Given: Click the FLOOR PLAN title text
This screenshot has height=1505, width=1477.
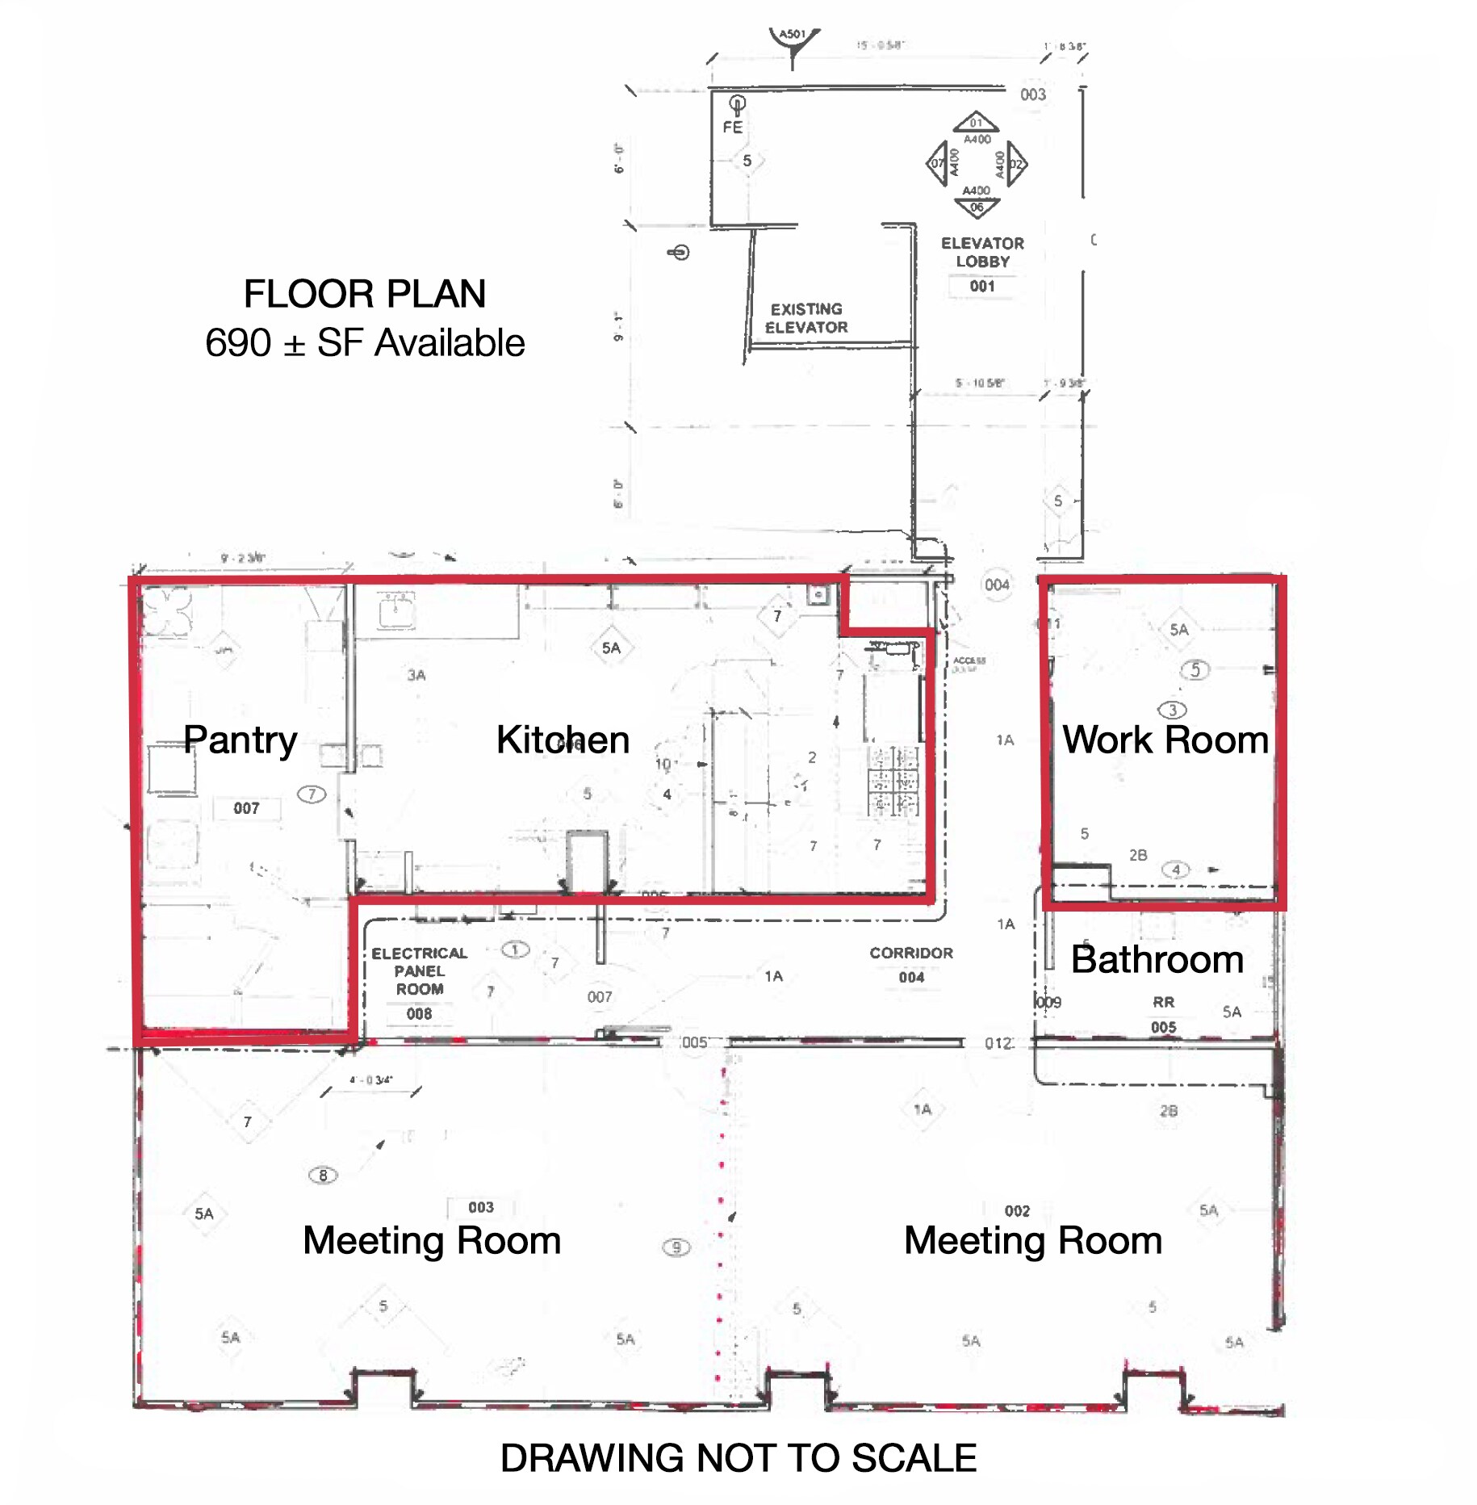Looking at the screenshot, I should click(364, 294).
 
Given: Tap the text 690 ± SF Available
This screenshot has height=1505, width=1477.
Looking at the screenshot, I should click(364, 343).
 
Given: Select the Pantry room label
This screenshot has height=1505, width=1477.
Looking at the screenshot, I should click(240, 740).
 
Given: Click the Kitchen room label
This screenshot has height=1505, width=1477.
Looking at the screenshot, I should click(563, 740).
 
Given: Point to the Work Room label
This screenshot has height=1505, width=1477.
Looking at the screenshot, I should click(1165, 740).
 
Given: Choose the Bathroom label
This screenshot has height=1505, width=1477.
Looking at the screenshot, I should click(1157, 959).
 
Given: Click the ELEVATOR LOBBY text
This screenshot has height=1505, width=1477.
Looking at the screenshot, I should click(981, 252).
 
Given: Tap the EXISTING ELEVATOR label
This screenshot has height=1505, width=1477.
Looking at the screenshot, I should click(805, 318).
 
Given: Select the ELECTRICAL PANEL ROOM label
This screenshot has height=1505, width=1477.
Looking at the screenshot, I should click(419, 970).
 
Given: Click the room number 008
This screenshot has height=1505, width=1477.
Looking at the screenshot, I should click(419, 1013).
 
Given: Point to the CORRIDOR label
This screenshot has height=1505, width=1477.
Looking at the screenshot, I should click(910, 953).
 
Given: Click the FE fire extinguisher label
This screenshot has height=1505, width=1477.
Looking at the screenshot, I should click(732, 128).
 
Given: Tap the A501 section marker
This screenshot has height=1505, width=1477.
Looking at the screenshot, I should click(792, 35).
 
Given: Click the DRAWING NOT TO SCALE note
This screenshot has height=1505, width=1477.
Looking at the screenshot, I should click(738, 1458).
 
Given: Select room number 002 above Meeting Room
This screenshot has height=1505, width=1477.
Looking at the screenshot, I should click(1016, 1211).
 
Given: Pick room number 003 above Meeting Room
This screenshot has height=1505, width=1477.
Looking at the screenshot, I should click(480, 1207).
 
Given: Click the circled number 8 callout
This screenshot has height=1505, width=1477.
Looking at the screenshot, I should click(323, 1176).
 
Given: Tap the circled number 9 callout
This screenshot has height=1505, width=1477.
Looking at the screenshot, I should click(676, 1247).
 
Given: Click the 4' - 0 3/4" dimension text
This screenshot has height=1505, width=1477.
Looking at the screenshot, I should click(370, 1079).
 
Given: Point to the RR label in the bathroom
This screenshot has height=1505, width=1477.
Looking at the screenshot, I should click(1162, 1002).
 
